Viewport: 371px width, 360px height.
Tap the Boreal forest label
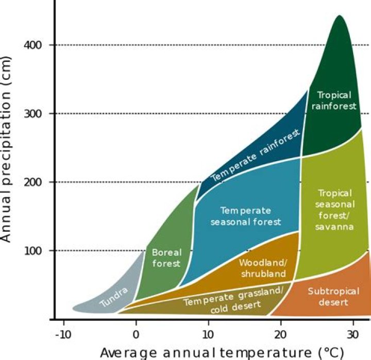tap(166, 258)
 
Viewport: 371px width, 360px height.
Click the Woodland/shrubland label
tap(263, 268)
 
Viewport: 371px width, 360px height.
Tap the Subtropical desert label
tap(328, 297)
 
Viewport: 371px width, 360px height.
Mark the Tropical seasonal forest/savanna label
tap(335, 210)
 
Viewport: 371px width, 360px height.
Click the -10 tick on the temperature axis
tap(63, 332)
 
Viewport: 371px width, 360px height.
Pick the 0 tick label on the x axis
tap(136, 332)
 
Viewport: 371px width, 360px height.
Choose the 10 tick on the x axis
tap(208, 332)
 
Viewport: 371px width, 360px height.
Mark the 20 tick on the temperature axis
tap(281, 332)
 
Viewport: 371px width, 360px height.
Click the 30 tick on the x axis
tap(353, 332)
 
